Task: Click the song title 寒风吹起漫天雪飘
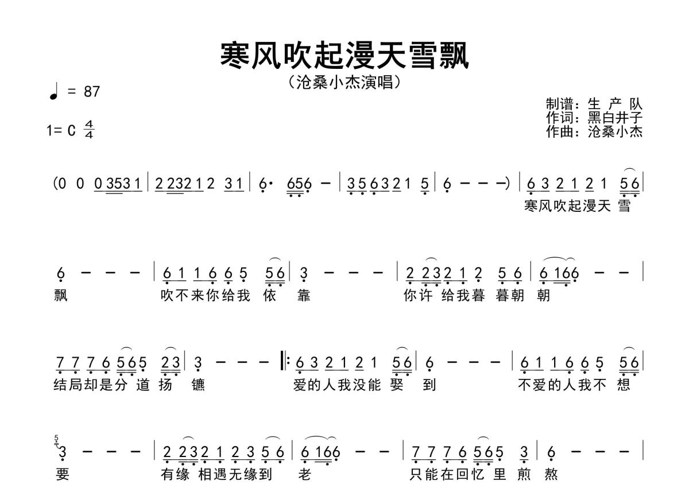(x=344, y=56)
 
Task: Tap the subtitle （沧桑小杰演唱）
(x=344, y=82)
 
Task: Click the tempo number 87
(x=92, y=92)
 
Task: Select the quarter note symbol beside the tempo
(x=54, y=92)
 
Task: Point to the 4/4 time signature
(x=89, y=129)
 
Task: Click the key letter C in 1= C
(x=71, y=130)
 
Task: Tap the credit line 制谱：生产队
(x=594, y=104)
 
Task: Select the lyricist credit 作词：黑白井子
(x=594, y=118)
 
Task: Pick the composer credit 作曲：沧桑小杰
(x=594, y=131)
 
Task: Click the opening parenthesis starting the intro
(x=55, y=184)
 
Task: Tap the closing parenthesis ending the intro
(x=508, y=184)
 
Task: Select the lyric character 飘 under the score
(x=61, y=296)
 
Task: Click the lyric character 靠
(x=304, y=296)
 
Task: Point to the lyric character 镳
(x=198, y=385)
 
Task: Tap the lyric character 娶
(x=397, y=385)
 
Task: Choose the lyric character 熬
(x=551, y=474)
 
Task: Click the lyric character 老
(x=304, y=474)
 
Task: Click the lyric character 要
(x=63, y=474)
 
